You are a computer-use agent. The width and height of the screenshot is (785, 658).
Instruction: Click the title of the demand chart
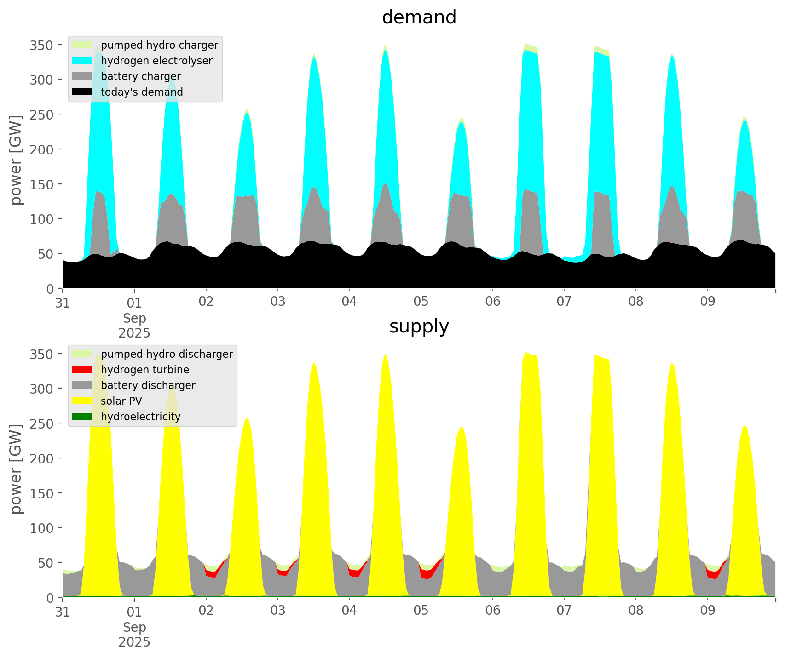coord(419,17)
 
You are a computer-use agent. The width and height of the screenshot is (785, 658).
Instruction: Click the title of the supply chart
coord(419,326)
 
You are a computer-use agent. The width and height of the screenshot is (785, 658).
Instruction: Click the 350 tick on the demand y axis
coord(41,45)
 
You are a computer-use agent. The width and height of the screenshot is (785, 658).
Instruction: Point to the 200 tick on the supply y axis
coord(41,458)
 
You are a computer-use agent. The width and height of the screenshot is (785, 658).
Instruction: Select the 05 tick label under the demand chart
coord(421,302)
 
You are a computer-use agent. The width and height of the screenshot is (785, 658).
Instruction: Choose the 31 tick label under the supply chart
coord(63,611)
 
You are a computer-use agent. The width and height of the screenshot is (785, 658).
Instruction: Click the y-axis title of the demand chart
coord(17,160)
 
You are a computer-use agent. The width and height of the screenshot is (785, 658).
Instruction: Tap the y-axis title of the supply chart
coord(17,469)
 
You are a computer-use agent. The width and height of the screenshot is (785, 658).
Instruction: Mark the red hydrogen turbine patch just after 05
coord(427,574)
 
